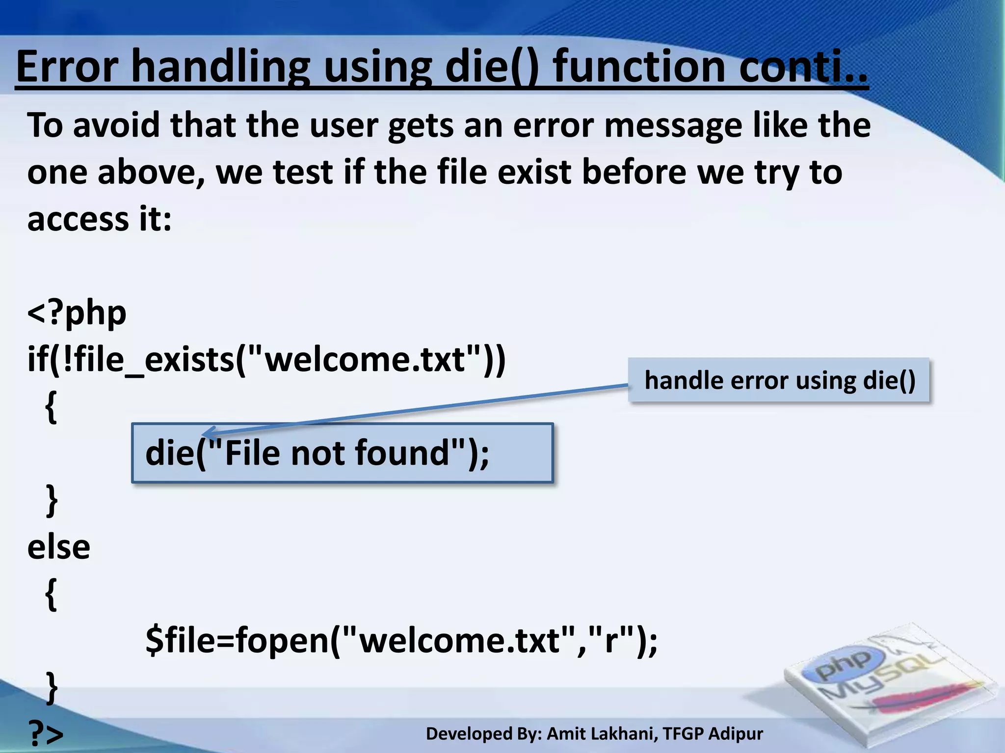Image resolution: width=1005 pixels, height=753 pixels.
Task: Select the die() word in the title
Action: click(x=491, y=67)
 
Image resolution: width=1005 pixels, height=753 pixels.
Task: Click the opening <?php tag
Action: click(x=77, y=313)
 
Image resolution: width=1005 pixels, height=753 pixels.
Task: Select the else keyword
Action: click(x=59, y=548)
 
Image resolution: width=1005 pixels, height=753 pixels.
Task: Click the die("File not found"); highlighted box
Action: click(x=342, y=453)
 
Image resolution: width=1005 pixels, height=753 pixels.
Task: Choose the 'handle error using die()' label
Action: click(x=779, y=380)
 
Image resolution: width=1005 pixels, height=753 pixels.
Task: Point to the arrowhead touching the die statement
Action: click(x=208, y=433)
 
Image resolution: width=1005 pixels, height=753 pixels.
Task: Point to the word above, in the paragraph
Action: click(x=151, y=173)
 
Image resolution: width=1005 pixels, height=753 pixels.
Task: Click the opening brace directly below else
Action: click(x=51, y=594)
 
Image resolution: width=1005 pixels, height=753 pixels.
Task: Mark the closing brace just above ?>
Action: click(x=51, y=687)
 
